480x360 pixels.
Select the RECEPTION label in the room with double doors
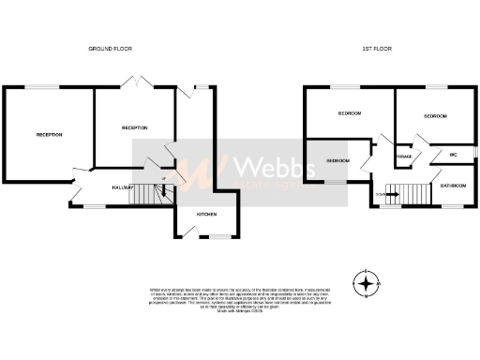click(134, 127)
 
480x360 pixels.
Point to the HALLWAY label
click(122, 187)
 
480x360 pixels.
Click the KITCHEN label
click(206, 215)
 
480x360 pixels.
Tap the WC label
click(453, 154)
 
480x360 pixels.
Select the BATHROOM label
click(454, 186)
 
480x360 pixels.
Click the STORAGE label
click(404, 157)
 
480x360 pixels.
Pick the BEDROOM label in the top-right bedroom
click(435, 116)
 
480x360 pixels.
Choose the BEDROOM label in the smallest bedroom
click(337, 160)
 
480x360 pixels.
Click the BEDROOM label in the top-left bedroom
click(350, 112)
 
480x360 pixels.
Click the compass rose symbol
click(367, 281)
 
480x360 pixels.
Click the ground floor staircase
click(146, 194)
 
